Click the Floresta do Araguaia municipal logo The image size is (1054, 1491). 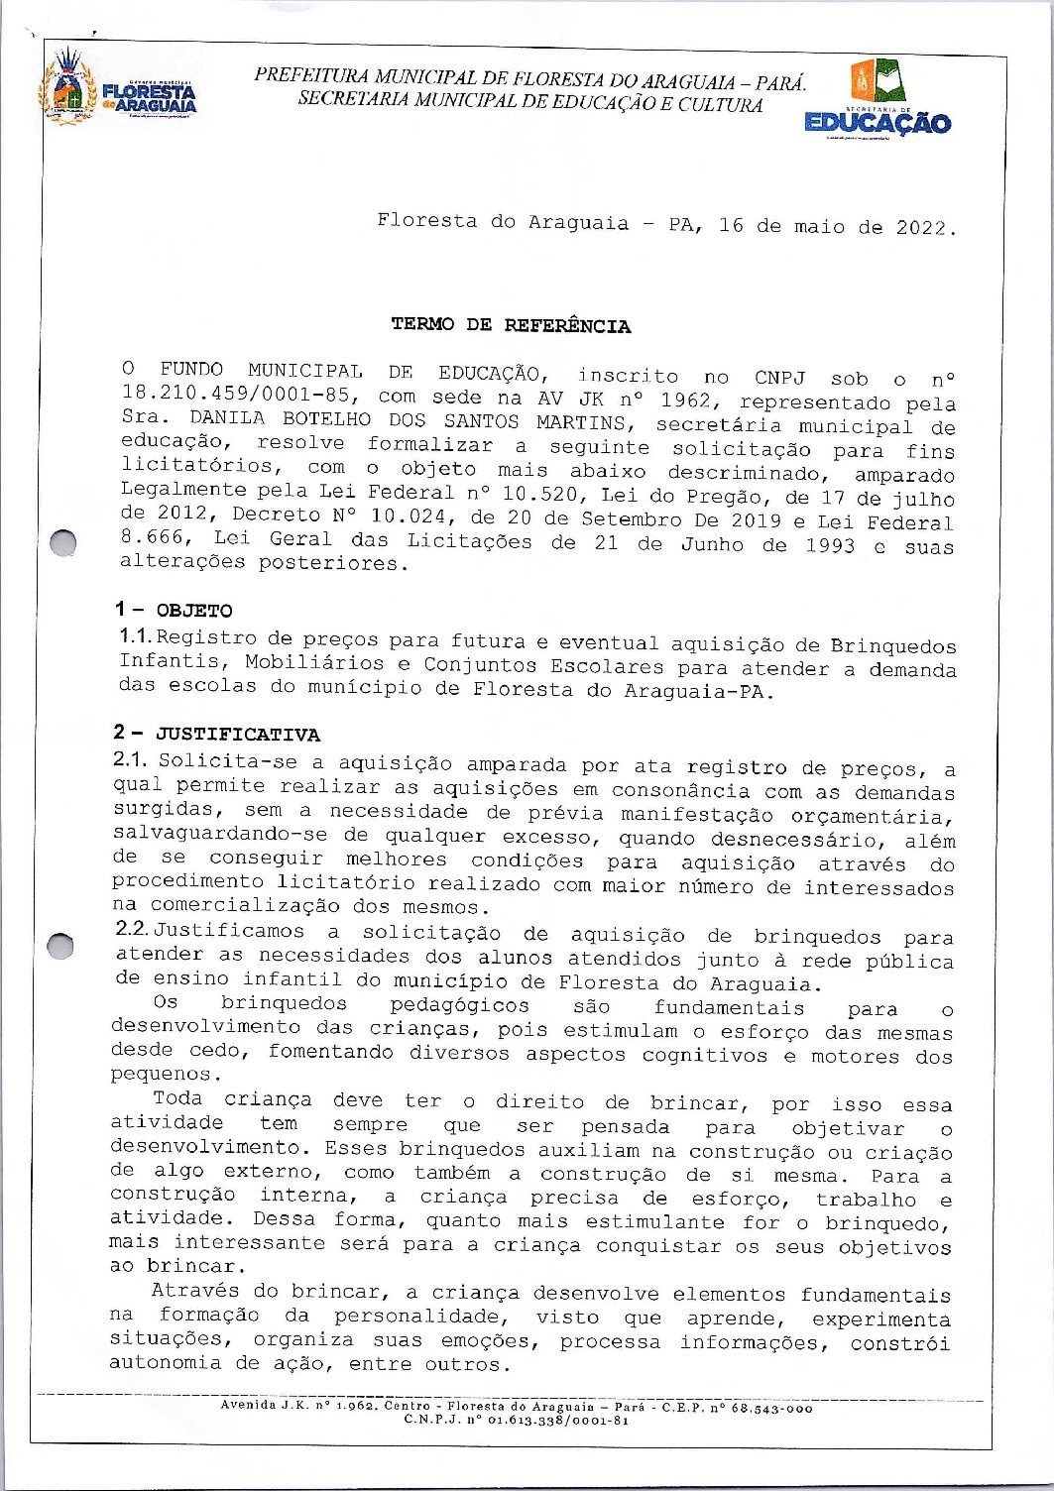pos(117,89)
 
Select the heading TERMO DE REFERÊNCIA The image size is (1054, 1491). pos(511,325)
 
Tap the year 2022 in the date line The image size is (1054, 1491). pos(924,227)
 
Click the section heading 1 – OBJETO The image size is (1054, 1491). pos(174,611)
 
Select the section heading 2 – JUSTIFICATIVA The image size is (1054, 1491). pos(216,734)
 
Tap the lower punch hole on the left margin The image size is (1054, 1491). pos(61,946)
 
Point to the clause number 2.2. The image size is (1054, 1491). pos(132,929)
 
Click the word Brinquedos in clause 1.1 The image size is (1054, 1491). pos(892,646)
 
